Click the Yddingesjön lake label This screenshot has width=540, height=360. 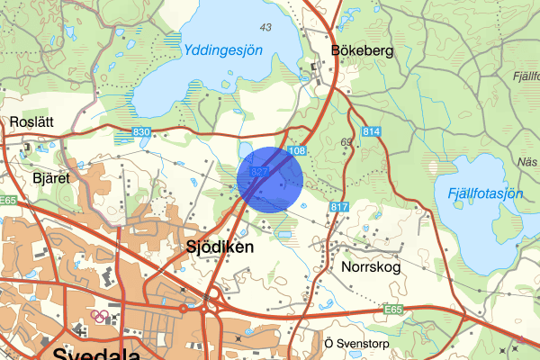point(222,51)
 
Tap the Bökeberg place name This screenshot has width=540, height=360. point(362,51)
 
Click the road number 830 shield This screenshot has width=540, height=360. point(140,133)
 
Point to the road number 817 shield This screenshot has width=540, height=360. point(338,207)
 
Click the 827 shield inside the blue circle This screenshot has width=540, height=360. point(260,171)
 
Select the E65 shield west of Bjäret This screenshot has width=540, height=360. point(10,200)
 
